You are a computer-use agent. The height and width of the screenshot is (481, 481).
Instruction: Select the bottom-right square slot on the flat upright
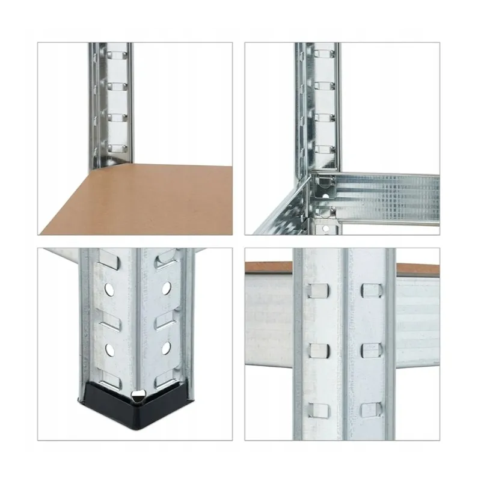pos(369,410)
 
